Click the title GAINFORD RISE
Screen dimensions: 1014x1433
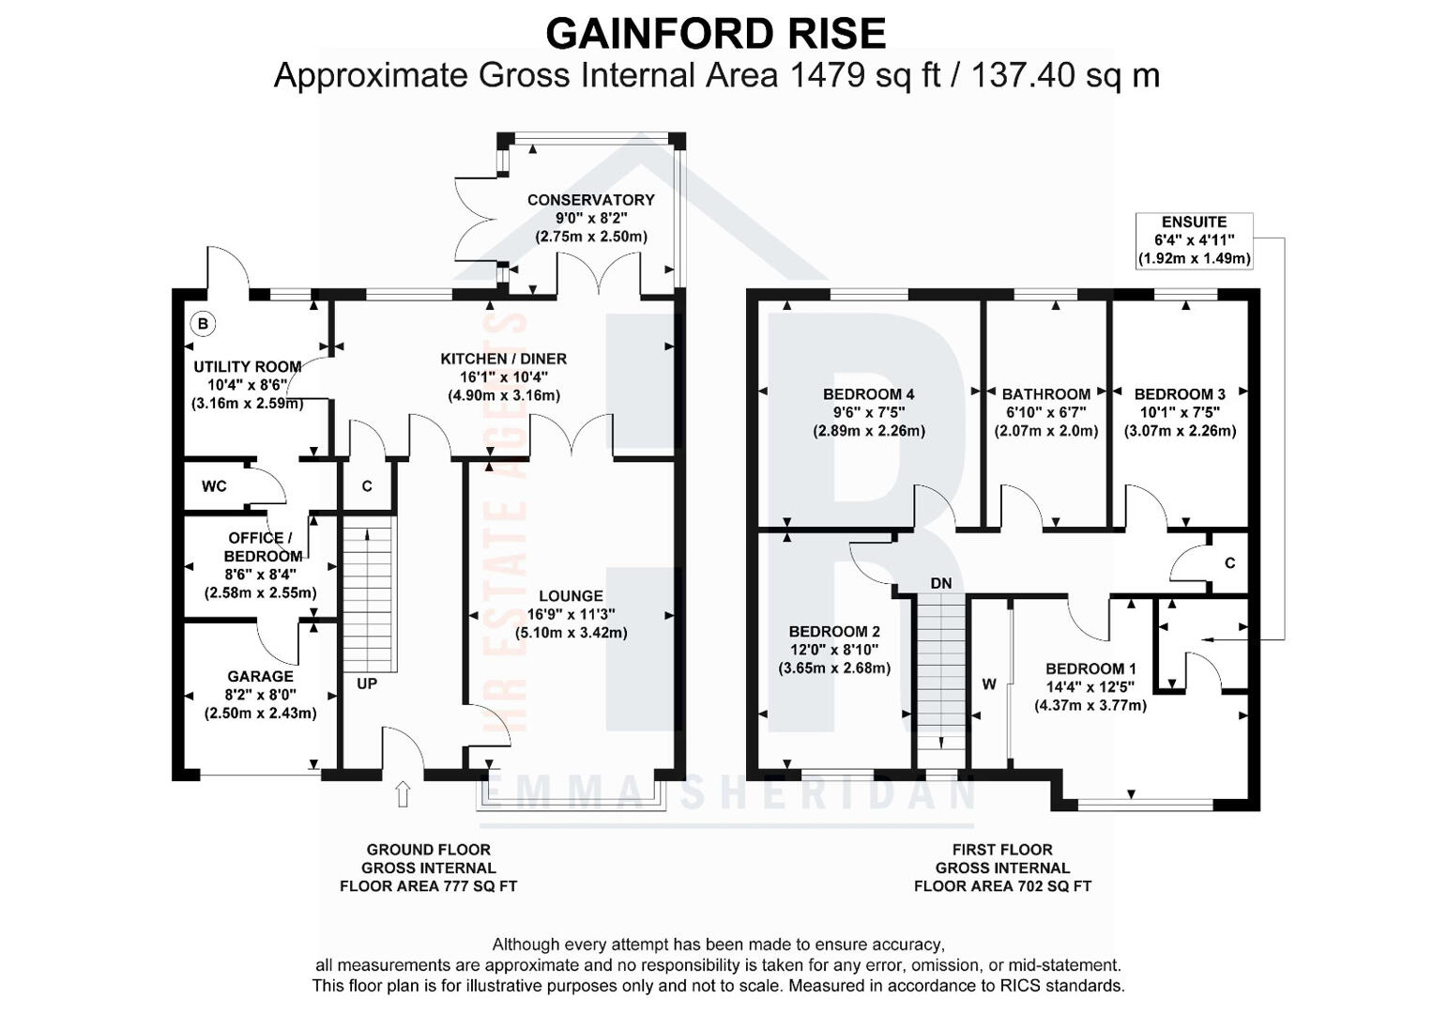click(715, 34)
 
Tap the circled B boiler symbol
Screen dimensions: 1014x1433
click(203, 324)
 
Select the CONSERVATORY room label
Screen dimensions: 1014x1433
click(590, 200)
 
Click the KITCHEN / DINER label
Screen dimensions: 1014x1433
click(504, 359)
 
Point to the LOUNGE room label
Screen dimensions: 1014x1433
click(571, 596)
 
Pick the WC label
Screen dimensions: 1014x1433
click(214, 486)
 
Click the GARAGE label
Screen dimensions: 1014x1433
click(260, 676)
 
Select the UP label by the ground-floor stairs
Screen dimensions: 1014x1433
click(367, 684)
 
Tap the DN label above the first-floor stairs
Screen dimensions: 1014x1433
click(941, 583)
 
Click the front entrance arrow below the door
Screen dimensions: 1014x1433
click(404, 794)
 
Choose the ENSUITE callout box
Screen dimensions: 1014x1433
click(1194, 240)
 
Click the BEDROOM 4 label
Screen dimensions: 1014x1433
click(868, 394)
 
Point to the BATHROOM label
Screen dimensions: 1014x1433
click(1045, 394)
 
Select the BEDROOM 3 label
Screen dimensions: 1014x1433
click(1180, 394)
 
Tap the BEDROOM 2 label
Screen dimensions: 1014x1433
click(833, 632)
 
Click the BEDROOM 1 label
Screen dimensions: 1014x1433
click(1090, 668)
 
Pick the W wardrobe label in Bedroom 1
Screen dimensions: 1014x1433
click(989, 684)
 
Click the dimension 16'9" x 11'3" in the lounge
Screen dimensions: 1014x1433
click(571, 614)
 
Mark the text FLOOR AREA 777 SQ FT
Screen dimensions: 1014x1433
click(428, 885)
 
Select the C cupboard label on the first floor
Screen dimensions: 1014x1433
click(1229, 563)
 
